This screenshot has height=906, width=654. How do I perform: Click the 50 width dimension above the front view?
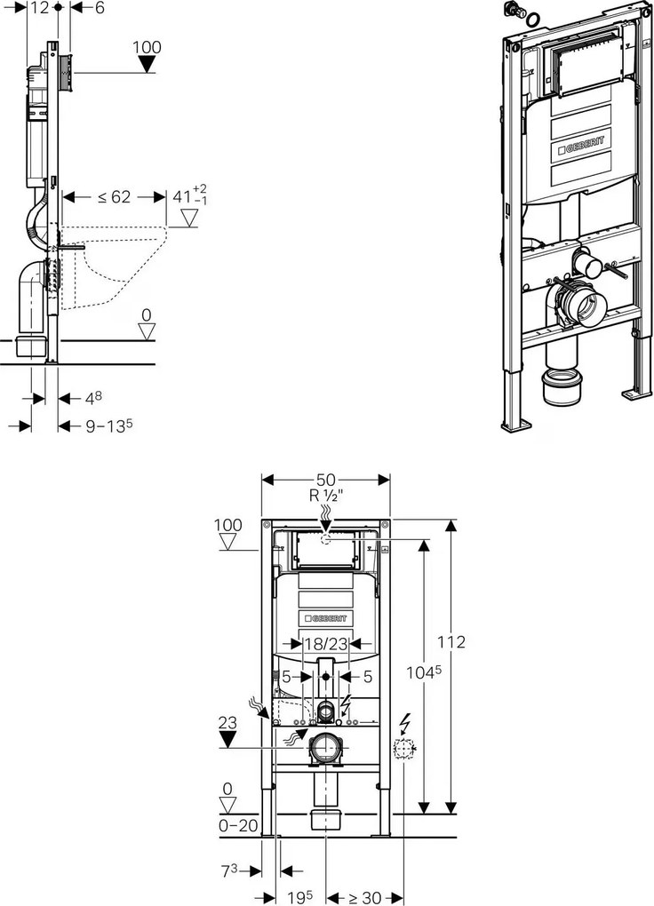coord(326,480)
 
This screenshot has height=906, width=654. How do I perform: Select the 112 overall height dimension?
coord(452,642)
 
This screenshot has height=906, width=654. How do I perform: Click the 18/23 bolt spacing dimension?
coord(325,646)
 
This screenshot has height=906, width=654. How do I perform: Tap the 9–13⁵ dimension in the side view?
coord(108,426)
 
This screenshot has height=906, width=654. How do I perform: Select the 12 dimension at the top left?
coord(39,8)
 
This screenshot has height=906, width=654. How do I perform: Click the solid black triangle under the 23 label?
coord(229,739)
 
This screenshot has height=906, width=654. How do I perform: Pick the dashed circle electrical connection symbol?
coord(404,751)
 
